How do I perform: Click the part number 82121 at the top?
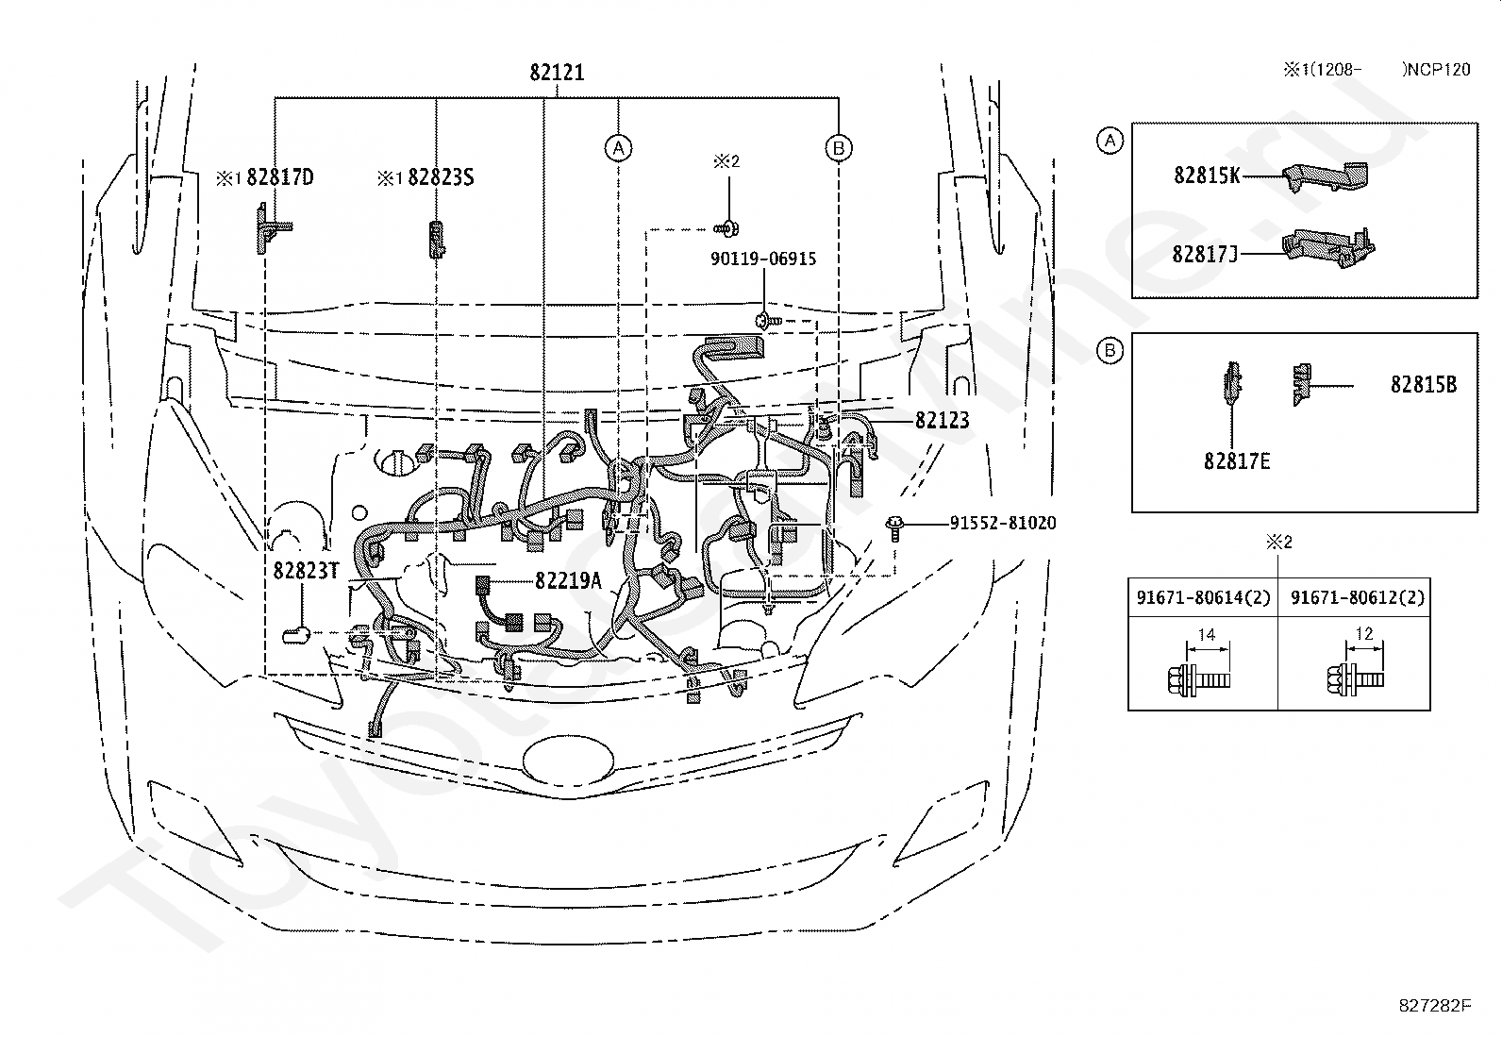(x=557, y=73)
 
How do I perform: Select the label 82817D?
(x=279, y=177)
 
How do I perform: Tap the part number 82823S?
(x=441, y=177)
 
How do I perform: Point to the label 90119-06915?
(x=763, y=259)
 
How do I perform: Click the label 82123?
(x=943, y=421)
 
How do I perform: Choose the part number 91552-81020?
(x=1003, y=523)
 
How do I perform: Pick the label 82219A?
(x=568, y=581)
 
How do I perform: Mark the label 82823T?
(x=306, y=571)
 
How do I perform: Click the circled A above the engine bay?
(x=618, y=147)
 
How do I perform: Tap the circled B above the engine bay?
(x=839, y=147)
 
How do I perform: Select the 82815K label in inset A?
(x=1207, y=176)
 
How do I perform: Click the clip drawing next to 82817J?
(x=1328, y=248)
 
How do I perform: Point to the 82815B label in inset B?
(x=1424, y=385)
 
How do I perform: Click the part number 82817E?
(x=1237, y=461)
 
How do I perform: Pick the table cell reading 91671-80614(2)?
(x=1203, y=597)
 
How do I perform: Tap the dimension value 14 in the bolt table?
(x=1207, y=634)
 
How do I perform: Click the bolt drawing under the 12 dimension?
(x=1355, y=679)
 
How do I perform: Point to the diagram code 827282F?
(x=1434, y=1006)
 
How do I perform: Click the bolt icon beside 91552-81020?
(x=893, y=528)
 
